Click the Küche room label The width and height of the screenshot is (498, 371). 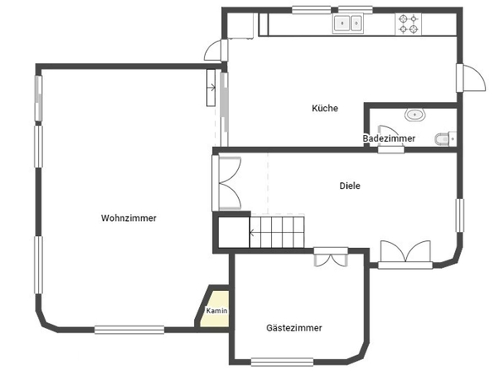click(325, 108)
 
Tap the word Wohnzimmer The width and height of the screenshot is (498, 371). click(128, 218)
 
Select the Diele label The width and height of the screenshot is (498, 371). click(349, 185)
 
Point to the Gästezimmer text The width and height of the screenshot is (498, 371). click(294, 327)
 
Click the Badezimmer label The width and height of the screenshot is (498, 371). click(388, 137)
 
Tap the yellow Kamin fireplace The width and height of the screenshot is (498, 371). click(216, 309)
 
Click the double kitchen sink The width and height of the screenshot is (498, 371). click(348, 24)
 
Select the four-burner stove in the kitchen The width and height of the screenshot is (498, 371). click(409, 24)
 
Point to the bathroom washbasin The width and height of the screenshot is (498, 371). click(414, 116)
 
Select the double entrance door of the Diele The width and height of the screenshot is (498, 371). click(406, 254)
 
